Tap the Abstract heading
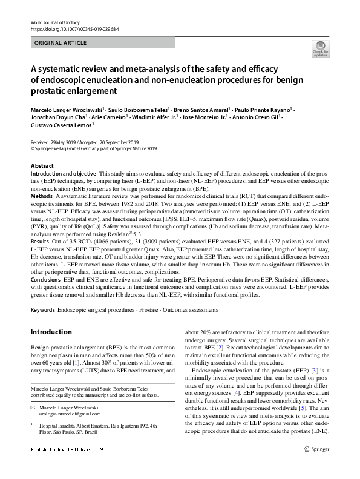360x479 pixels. pyautogui.click(x=42, y=166)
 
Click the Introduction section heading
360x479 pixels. pyautogui.click(x=51, y=332)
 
